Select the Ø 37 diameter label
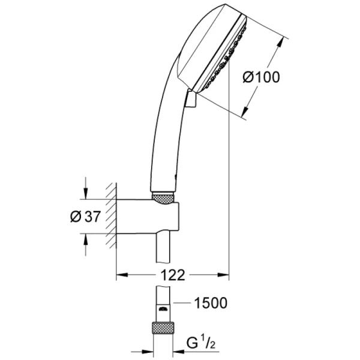coord(84,217)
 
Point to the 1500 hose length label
coord(210,303)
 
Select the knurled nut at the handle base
coord(163,197)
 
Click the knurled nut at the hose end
coord(163,328)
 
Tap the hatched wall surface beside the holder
coord(110,216)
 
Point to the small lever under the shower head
coord(190,100)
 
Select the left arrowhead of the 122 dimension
coord(121,275)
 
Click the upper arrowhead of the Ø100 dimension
coord(282,42)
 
